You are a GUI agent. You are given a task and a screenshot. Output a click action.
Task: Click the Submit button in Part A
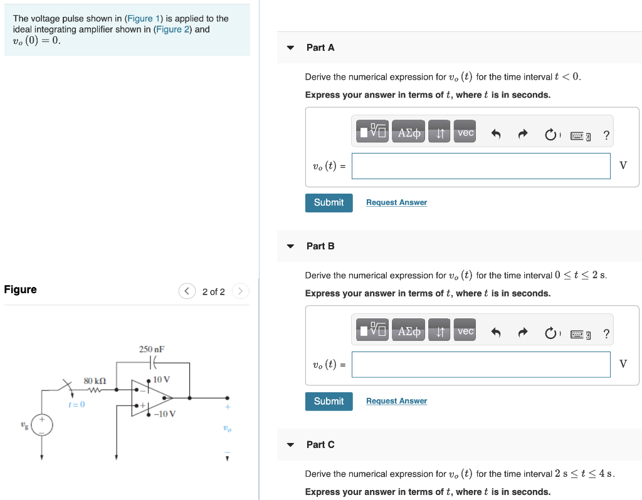click(329, 202)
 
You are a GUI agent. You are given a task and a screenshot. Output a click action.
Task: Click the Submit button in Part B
click(329, 401)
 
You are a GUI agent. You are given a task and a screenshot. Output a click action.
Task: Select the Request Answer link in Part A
click(396, 202)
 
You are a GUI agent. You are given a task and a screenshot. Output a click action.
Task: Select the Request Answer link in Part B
click(396, 401)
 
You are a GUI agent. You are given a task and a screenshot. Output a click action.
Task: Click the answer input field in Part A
click(480, 166)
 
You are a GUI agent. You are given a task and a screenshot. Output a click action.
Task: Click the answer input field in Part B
click(480, 365)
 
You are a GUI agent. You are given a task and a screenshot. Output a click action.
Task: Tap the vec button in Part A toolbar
click(465, 133)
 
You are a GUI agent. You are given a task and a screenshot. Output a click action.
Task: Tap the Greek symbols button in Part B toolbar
click(409, 331)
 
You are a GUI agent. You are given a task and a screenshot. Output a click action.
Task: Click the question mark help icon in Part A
click(606, 135)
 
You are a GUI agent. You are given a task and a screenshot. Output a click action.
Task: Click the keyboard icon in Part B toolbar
click(580, 334)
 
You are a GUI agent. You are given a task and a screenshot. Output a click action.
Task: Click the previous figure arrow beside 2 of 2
click(187, 291)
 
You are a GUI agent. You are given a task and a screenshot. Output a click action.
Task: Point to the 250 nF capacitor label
click(152, 349)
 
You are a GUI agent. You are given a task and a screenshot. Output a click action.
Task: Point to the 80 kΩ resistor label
click(95, 380)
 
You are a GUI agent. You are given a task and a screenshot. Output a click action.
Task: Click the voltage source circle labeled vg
click(42, 425)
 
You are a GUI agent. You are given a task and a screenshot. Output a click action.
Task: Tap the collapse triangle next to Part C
click(290, 445)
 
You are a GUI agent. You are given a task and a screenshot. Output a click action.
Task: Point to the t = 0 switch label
click(76, 405)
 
